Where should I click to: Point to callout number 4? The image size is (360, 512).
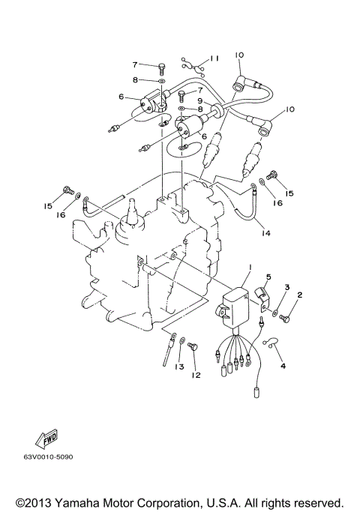coord(283,366)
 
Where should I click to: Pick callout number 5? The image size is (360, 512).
coord(268,277)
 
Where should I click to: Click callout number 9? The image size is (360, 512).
coord(199,101)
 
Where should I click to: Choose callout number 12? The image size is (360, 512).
coord(196,375)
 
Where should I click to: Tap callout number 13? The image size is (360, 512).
coord(179,367)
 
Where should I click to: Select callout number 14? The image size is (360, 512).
coord(265,233)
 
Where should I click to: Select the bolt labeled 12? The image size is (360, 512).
coord(190,346)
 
